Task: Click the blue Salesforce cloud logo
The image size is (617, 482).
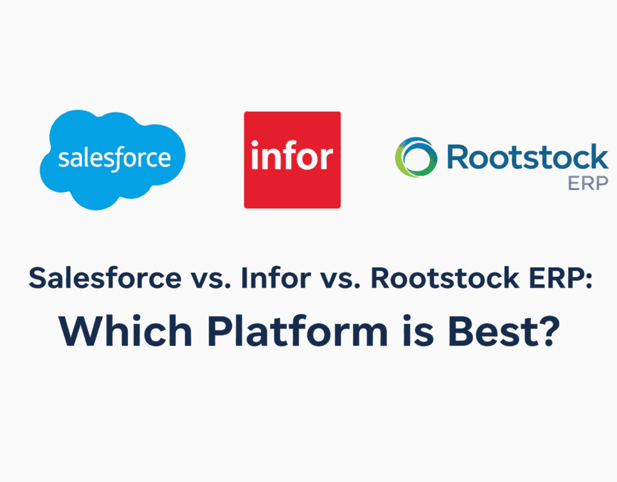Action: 113,159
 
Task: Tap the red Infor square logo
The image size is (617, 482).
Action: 292,159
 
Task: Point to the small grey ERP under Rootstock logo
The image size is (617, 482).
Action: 587,183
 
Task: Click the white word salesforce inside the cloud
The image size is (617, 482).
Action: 114,158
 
